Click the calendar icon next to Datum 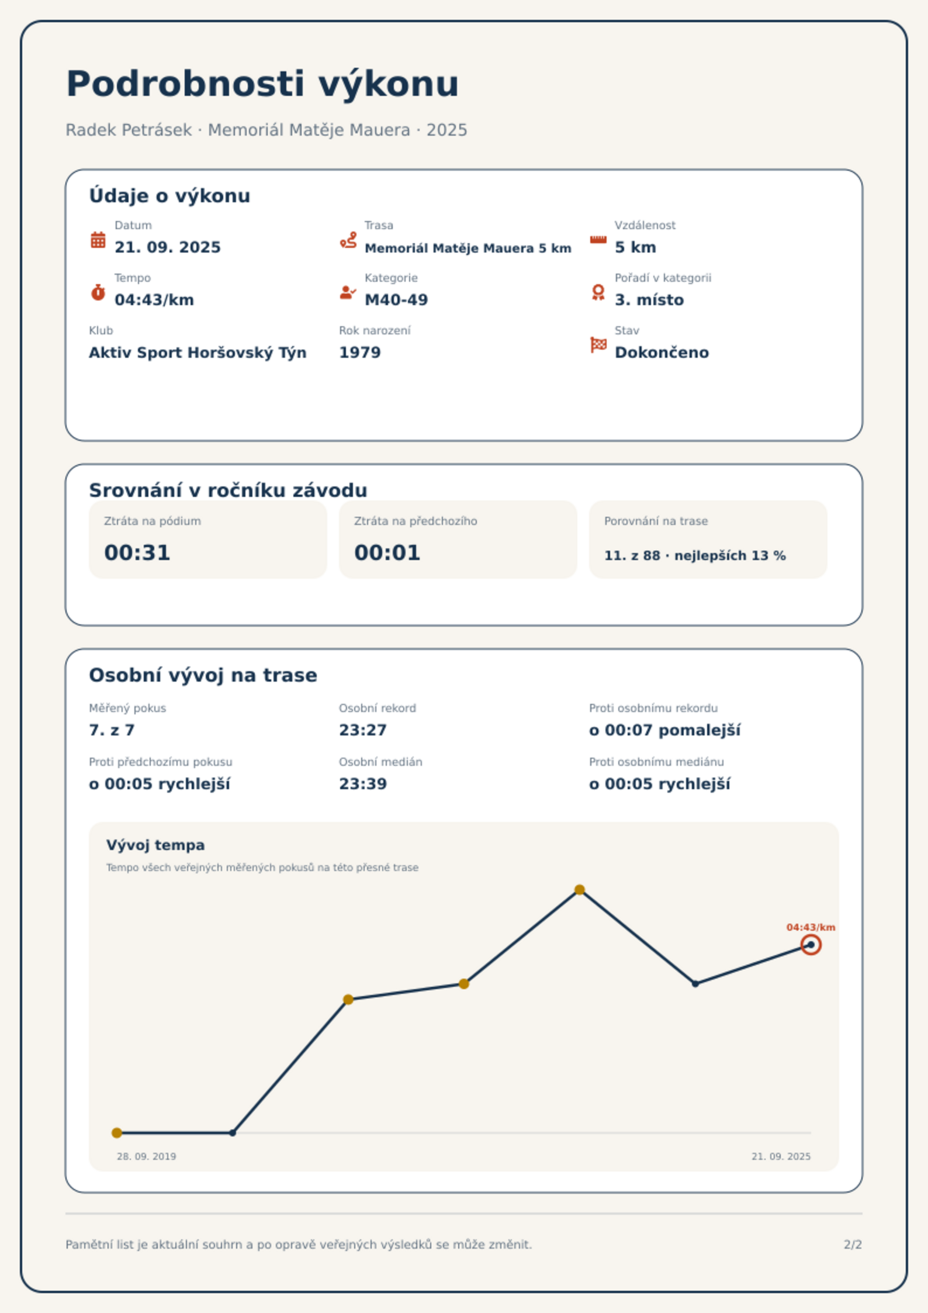pyautogui.click(x=98, y=240)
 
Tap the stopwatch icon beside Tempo pyautogui.click(x=98, y=292)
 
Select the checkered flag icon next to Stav pyautogui.click(x=598, y=345)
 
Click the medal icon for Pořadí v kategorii pyautogui.click(x=598, y=292)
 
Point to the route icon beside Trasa pyautogui.click(x=348, y=240)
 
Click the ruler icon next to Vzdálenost pyautogui.click(x=598, y=240)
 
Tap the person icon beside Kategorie pyautogui.click(x=348, y=292)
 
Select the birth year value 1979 pyautogui.click(x=360, y=353)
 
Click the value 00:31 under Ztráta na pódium pyautogui.click(x=137, y=553)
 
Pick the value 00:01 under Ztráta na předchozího pyautogui.click(x=387, y=553)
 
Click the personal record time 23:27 pyautogui.click(x=363, y=730)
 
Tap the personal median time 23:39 pyautogui.click(x=363, y=784)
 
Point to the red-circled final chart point pyautogui.click(x=811, y=945)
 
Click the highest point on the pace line pyautogui.click(x=580, y=890)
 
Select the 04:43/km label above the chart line pyautogui.click(x=811, y=927)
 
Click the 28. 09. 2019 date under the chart pyautogui.click(x=146, y=1156)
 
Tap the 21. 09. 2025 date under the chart pyautogui.click(x=781, y=1156)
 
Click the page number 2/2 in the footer pyautogui.click(x=853, y=1245)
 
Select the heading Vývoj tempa pyautogui.click(x=155, y=845)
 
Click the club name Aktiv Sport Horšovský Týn pyautogui.click(x=198, y=353)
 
